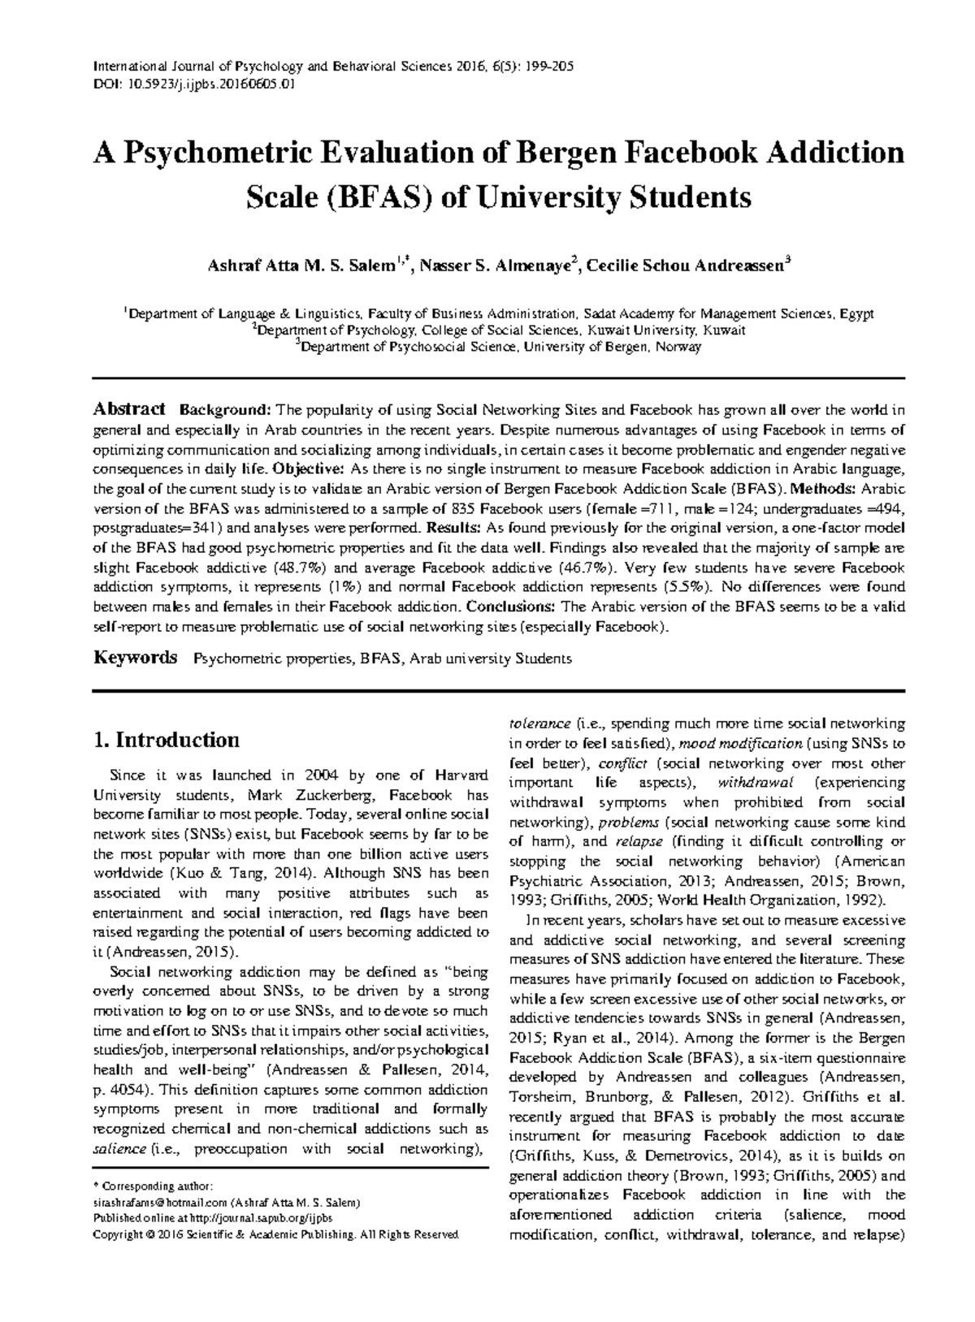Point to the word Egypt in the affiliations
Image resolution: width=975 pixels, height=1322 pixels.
click(x=856, y=313)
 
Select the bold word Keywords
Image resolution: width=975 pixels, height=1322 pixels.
click(x=135, y=658)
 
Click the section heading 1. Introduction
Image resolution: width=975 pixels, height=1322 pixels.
click(x=167, y=740)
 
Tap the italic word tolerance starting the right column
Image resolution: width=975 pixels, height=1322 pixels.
click(x=539, y=724)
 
